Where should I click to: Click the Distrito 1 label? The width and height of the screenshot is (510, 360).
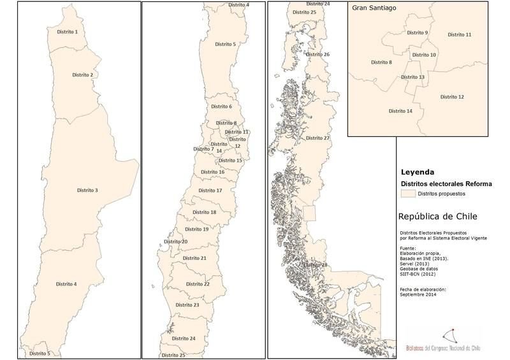pos(67,31)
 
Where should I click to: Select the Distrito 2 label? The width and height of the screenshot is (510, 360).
pos(82,75)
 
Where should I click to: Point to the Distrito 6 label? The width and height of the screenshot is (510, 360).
pos(221,106)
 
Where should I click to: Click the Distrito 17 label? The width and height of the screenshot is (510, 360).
pos(210,191)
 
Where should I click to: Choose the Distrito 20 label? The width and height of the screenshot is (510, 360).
pos(175,242)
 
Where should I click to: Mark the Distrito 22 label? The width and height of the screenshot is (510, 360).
pos(198,284)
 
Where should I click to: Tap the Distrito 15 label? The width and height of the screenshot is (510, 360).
pos(230,161)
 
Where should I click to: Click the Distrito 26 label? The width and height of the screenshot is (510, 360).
pos(317,55)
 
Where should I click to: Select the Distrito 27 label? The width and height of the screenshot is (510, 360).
pos(317,138)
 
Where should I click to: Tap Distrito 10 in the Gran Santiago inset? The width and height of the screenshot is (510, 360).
pos(424,55)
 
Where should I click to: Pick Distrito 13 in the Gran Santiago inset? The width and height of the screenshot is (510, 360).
pos(412,77)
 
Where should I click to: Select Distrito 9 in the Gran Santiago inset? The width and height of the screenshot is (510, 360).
pos(418,32)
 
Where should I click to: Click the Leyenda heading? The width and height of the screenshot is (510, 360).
pos(418,172)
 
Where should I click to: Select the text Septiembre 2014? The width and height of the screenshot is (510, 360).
pos(419,294)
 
